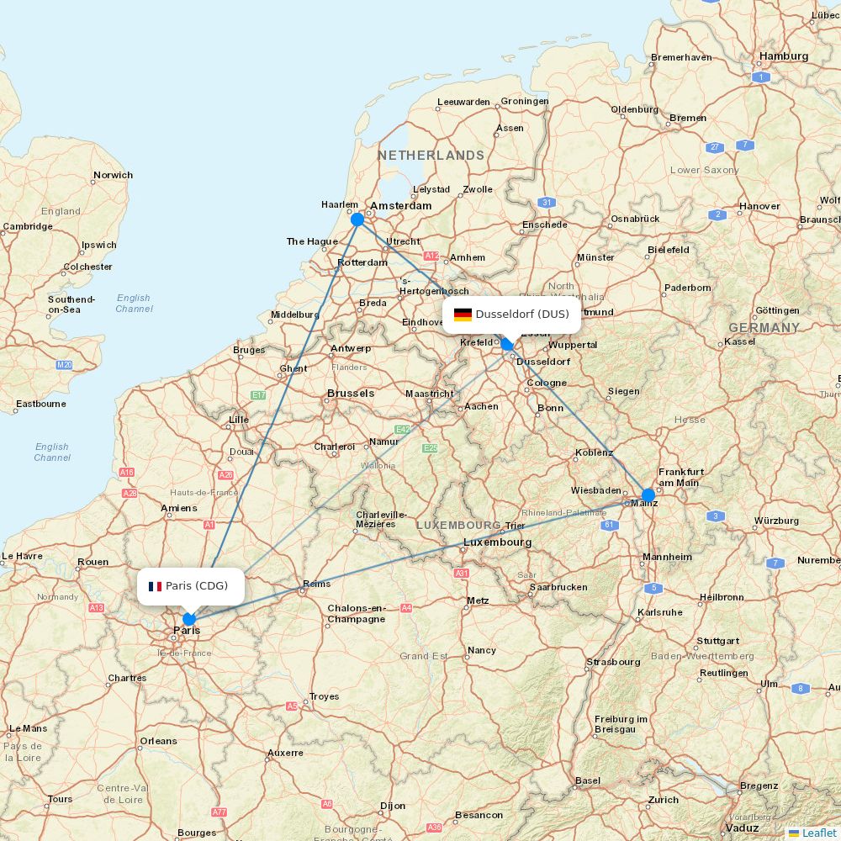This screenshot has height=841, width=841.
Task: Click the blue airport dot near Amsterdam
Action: point(357,220)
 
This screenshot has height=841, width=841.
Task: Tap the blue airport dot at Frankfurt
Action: point(648,495)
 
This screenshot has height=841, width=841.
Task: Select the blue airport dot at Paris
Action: point(189,619)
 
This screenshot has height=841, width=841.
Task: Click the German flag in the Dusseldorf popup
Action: point(463,315)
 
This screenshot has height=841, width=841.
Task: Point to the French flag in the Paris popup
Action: point(155,586)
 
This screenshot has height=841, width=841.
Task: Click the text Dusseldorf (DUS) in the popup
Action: point(522,315)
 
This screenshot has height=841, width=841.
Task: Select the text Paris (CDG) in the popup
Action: point(197,586)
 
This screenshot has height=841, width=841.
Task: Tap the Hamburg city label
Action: point(783,56)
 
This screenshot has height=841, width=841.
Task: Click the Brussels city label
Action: point(351,393)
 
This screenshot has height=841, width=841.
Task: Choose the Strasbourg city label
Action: point(613,662)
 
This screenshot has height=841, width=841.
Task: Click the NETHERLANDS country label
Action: point(431,156)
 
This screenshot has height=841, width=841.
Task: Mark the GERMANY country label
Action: point(764,328)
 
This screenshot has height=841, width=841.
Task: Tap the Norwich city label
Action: point(113,175)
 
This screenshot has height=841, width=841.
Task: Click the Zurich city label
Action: point(663,800)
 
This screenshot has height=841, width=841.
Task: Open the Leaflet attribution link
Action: point(818,833)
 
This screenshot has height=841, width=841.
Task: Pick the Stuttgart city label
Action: point(717,641)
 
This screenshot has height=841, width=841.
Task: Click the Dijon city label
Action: point(392,806)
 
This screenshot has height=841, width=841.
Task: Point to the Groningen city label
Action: point(525,101)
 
